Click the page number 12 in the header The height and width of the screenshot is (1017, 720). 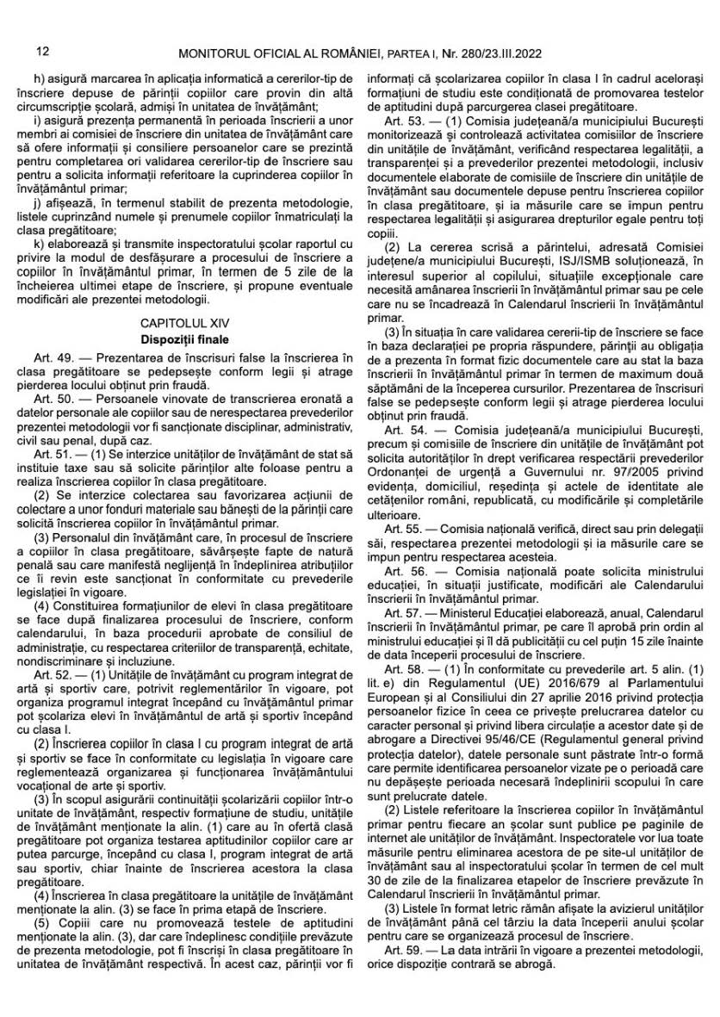coord(43,53)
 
